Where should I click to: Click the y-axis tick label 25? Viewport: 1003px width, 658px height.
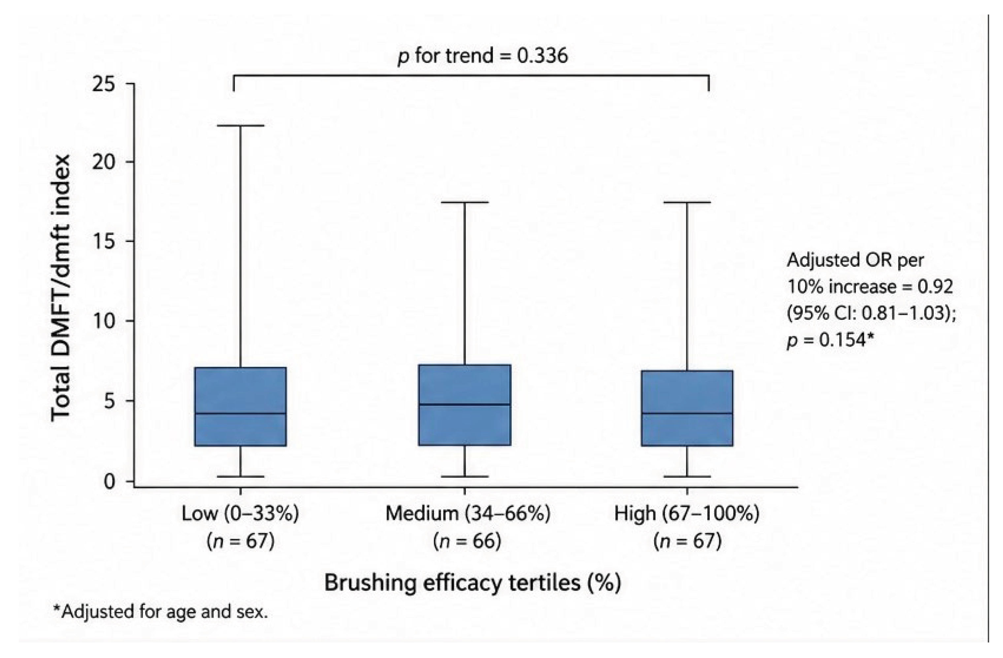(104, 85)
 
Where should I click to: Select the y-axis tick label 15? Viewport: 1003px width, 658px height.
(104, 241)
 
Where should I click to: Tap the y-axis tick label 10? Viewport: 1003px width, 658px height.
(104, 321)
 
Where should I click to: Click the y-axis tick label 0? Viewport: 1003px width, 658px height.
(109, 481)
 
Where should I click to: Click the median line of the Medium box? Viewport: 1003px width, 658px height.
(465, 404)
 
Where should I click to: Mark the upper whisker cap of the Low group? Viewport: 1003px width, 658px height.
(241, 126)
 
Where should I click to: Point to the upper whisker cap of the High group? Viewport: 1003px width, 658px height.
(687, 202)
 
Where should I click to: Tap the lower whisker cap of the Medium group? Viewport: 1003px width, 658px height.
(465, 477)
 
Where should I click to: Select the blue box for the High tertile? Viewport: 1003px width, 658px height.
(687, 408)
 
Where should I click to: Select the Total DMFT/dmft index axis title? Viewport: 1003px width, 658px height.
(61, 288)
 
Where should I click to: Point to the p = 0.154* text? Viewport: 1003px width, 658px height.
(828, 339)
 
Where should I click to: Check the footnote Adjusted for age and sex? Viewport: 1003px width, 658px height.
(160, 611)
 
